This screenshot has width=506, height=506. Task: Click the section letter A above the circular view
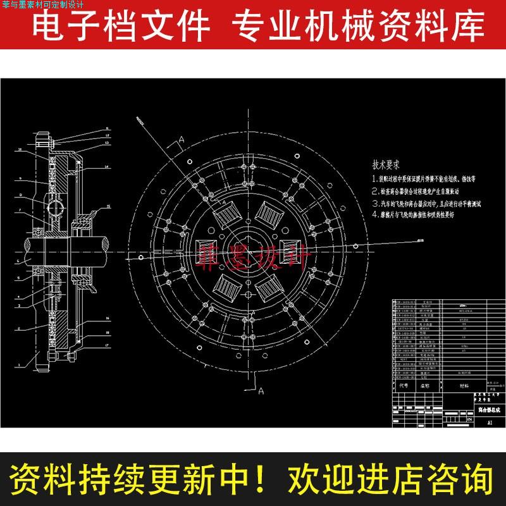[x=181, y=139]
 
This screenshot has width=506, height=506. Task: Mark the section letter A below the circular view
[x=260, y=392]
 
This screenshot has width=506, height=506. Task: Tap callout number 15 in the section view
[x=108, y=207]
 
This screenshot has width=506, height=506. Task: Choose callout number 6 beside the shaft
[x=18, y=260]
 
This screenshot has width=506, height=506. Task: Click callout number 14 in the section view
[x=108, y=167]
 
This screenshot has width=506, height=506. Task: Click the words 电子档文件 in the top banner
[x=120, y=27]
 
